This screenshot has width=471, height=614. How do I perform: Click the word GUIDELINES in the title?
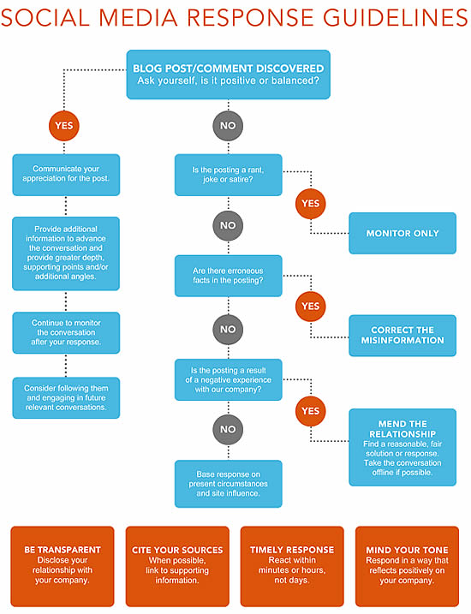[395, 18]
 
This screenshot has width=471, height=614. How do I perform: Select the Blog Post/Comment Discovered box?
[229, 75]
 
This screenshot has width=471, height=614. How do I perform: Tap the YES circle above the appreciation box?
[64, 126]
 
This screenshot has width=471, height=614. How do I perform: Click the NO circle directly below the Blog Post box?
[228, 126]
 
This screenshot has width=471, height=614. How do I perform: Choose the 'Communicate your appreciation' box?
[66, 175]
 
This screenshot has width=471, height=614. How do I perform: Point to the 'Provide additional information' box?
[66, 253]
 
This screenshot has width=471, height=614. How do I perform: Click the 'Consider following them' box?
[66, 397]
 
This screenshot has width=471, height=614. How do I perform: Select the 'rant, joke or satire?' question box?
[229, 175]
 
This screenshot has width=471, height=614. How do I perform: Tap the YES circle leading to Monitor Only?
[311, 204]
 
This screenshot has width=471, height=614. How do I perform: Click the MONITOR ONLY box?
[402, 233]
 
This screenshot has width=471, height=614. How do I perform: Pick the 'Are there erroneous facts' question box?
[229, 276]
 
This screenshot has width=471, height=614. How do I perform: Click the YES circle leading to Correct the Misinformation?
[311, 307]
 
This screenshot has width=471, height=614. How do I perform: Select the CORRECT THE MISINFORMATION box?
[402, 336]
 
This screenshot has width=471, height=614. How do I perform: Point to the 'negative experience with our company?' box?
[229, 379]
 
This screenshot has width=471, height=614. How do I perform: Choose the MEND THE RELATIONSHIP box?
[402, 447]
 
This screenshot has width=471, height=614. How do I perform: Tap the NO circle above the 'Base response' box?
[228, 429]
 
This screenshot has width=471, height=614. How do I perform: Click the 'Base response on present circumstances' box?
[229, 484]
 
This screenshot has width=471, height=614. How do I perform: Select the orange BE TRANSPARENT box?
[63, 566]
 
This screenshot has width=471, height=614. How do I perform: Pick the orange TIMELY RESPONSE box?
[292, 566]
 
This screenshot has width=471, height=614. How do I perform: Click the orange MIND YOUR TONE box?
[407, 566]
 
